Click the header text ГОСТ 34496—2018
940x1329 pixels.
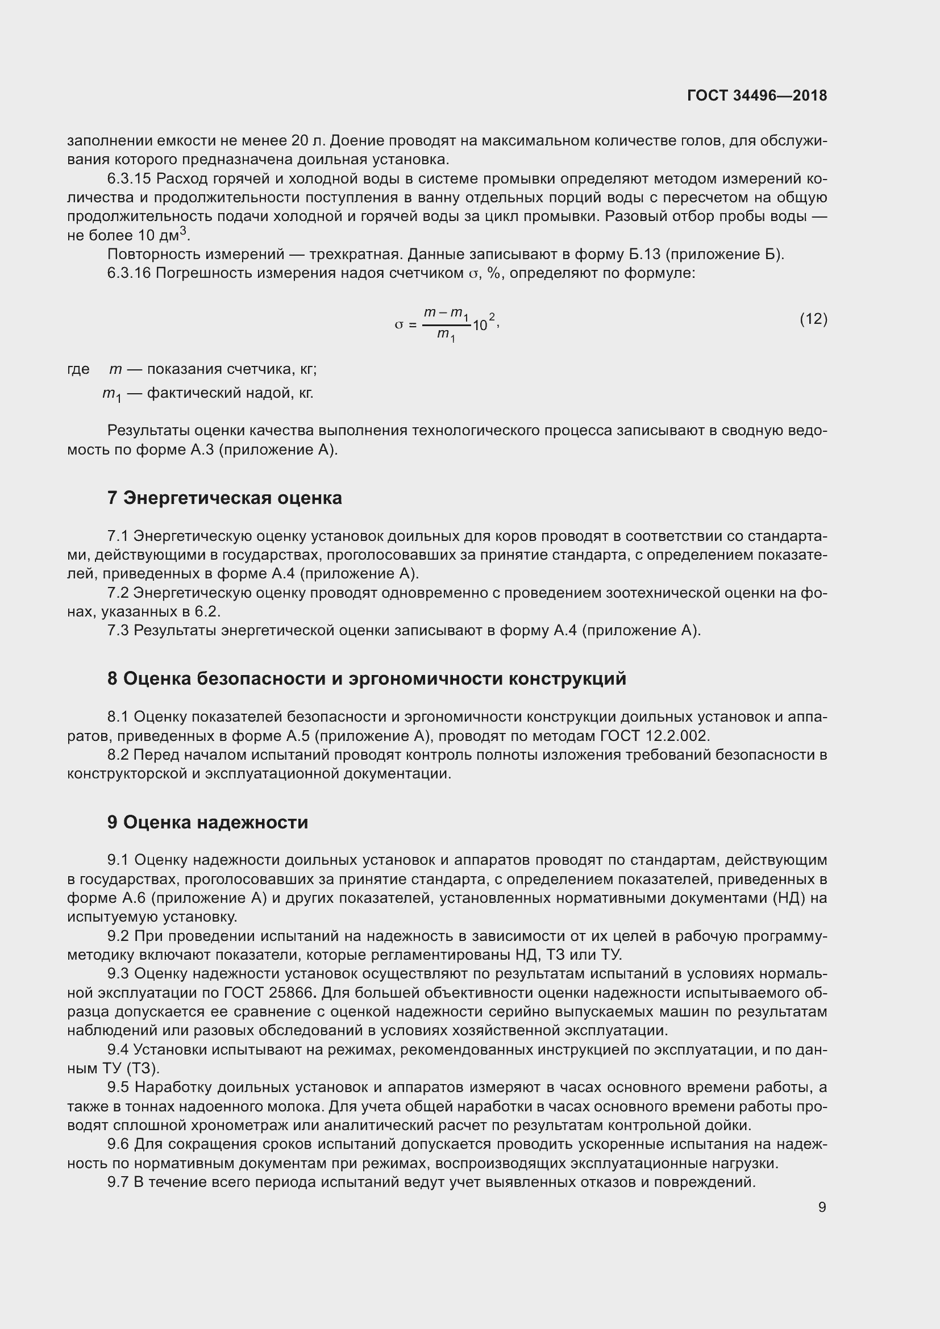coord(756,95)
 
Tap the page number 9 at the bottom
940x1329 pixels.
coord(822,1207)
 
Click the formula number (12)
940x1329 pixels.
coord(813,319)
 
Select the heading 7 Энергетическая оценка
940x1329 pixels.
coord(224,498)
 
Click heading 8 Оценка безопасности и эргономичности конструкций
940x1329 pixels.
coord(367,678)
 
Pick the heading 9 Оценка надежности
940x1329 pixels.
coord(207,823)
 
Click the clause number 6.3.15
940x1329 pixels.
coord(128,179)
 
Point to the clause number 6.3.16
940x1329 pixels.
coord(128,273)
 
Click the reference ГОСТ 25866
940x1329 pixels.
coord(270,993)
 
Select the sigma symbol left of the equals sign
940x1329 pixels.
coord(398,326)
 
